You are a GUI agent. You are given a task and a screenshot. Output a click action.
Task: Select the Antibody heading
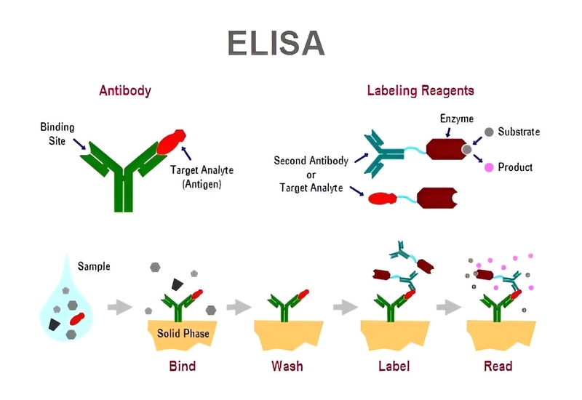pos(124,91)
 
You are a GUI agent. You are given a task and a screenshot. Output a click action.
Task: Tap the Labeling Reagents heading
pos(420,91)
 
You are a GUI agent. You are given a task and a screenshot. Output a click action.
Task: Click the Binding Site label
pos(57,133)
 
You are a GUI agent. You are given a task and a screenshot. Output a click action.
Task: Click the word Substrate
pos(519,132)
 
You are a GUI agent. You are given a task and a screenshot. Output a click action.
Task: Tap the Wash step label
pos(287,365)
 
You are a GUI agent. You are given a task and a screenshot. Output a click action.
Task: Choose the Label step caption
pos(393,365)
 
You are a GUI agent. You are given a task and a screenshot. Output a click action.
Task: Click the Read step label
pos(498,365)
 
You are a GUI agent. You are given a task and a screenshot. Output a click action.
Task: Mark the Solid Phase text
pos(183,334)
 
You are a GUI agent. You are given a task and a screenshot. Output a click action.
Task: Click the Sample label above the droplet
pos(94,267)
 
